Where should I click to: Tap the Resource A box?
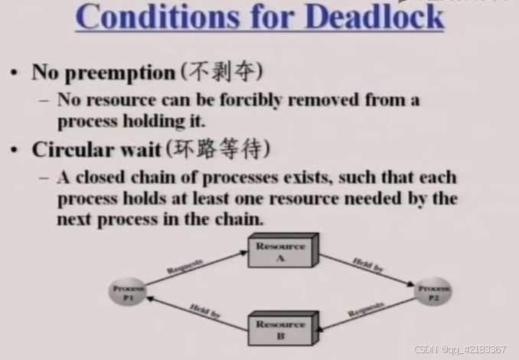pyautogui.click(x=282, y=252)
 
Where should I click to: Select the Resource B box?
pyautogui.click(x=280, y=329)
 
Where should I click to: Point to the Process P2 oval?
pyautogui.click(x=432, y=293)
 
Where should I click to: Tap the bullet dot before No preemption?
pyautogui.click(x=15, y=74)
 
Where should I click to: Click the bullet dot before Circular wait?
pyautogui.click(x=15, y=150)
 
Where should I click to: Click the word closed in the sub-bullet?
pyautogui.click(x=101, y=178)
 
